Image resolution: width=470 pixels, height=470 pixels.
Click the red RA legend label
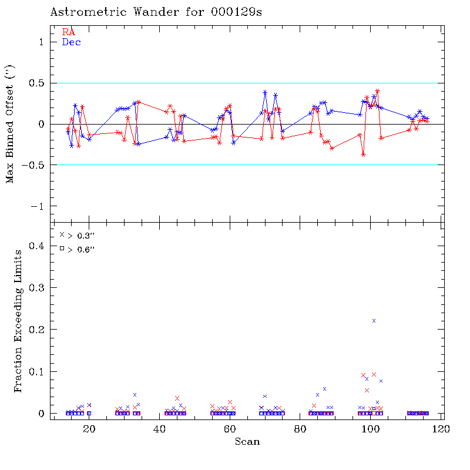(68, 32)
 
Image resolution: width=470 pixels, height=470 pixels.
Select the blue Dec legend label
(71, 42)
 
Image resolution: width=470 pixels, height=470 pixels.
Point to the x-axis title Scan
(247, 441)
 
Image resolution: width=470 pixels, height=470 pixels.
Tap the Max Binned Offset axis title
(9, 125)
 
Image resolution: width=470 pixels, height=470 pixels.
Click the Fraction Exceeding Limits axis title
(19, 320)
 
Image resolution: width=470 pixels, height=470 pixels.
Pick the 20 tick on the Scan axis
(89, 429)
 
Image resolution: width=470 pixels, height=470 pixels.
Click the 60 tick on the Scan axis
(230, 429)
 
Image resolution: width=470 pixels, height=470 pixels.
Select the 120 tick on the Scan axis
(441, 429)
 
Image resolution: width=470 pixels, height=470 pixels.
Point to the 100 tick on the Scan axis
(371, 429)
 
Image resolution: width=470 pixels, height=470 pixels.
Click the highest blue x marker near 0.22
(374, 320)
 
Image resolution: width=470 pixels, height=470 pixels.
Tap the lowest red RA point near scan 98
(364, 154)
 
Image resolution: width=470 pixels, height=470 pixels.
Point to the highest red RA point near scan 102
(377, 91)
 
